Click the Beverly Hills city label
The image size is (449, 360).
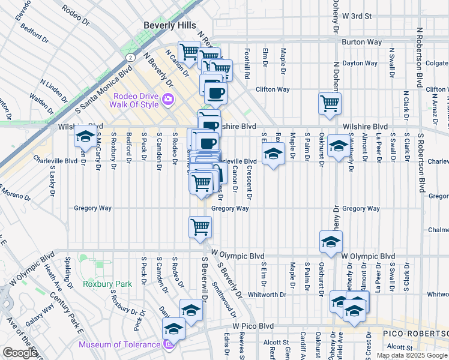[x=170, y=25]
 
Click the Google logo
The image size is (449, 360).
[x=20, y=353]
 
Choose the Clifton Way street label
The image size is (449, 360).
[x=273, y=89]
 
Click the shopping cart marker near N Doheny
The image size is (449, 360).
[x=330, y=103]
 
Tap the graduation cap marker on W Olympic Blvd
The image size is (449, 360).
[x=330, y=241]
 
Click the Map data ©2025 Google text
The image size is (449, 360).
[x=412, y=355]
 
